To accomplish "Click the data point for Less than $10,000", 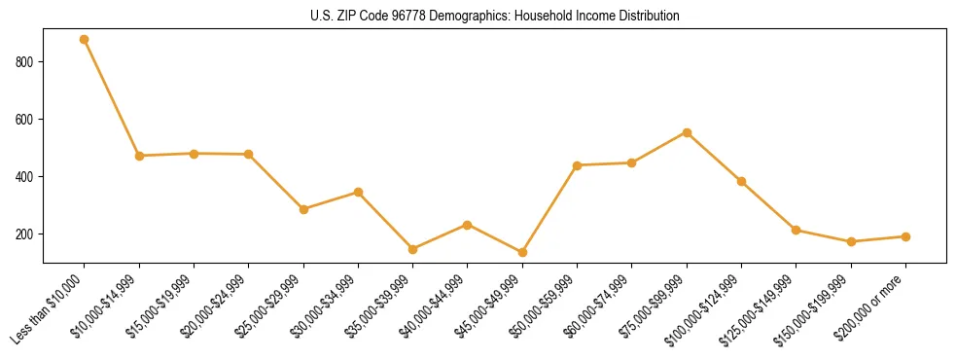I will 85,40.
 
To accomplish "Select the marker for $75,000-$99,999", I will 687,132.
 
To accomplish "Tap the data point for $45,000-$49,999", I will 522,253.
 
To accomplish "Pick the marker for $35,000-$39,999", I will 412,249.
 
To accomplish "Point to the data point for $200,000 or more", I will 905,236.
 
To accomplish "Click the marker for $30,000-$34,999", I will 358,193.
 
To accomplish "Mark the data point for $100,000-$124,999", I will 741,181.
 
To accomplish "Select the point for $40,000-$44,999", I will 468,225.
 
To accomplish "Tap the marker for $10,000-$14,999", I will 139,156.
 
